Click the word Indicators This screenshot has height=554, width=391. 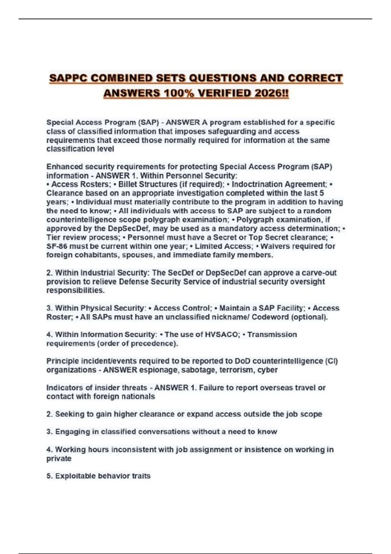(64, 388)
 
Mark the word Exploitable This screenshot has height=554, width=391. (75, 476)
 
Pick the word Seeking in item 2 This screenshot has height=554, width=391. (67, 414)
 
